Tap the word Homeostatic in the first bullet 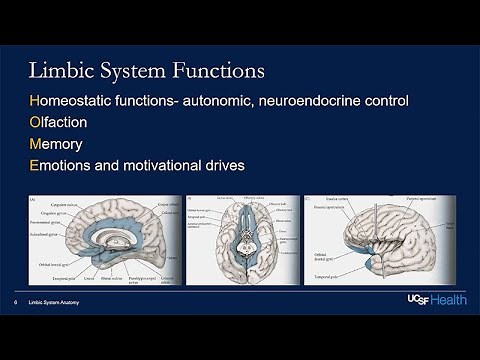[x=79, y=102]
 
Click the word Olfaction [x=60, y=123]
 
